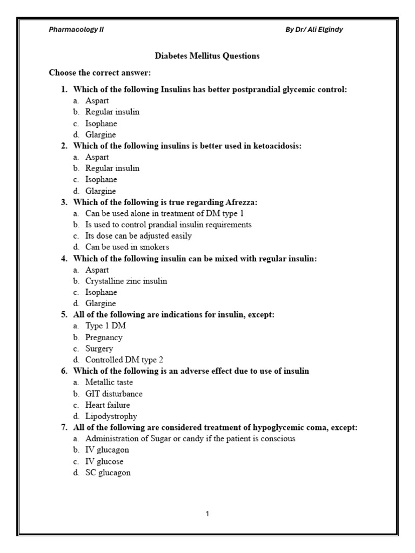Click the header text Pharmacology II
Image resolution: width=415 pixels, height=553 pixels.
coord(76,30)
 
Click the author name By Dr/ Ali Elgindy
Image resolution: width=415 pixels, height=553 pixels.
coord(314,30)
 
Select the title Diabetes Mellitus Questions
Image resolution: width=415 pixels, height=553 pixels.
coord(207,56)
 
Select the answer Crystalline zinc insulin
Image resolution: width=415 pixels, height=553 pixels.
coord(126,281)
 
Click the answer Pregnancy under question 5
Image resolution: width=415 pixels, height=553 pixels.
coord(104,338)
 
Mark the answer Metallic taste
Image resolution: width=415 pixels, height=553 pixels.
coord(109,382)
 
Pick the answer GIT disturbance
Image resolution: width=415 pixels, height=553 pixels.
coord(113,394)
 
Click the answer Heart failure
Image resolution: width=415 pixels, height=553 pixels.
coord(108,405)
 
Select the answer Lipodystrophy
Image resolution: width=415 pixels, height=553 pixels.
coord(111,416)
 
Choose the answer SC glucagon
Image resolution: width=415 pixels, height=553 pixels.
coord(108,473)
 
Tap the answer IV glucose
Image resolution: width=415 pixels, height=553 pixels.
coord(104,462)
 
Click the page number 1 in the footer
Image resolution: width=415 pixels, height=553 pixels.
coord(207,514)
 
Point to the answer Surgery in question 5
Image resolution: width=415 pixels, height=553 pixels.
coord(99,349)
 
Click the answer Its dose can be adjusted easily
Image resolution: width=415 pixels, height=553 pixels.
coord(138,236)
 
